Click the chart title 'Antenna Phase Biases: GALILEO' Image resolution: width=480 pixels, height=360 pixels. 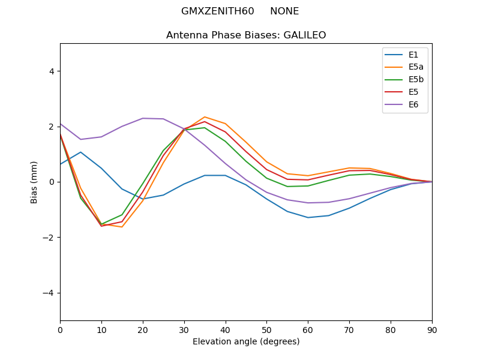pyautogui.click(x=246, y=35)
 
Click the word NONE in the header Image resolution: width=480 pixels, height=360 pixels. pyautogui.click(x=284, y=11)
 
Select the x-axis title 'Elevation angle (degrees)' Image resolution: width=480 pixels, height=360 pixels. pyautogui.click(x=246, y=342)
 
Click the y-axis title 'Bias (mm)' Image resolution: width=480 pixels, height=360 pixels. pyautogui.click(x=34, y=182)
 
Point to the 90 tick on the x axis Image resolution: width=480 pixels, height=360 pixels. pyautogui.click(x=432, y=329)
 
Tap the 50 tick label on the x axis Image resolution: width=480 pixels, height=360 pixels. pyautogui.click(x=266, y=329)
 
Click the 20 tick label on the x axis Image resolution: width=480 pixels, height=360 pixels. pyautogui.click(x=143, y=329)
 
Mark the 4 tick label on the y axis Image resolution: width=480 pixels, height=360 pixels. pyautogui.click(x=52, y=71)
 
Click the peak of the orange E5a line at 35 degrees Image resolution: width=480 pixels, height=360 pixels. pyautogui.click(x=205, y=117)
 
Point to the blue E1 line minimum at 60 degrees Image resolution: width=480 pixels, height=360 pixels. pyautogui.click(x=308, y=217)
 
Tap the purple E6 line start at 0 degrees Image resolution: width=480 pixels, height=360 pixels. pyautogui.click(x=61, y=124)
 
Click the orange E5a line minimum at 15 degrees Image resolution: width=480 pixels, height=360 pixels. pyautogui.click(x=122, y=227)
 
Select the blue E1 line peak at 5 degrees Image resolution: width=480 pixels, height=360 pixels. pyautogui.click(x=80, y=152)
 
